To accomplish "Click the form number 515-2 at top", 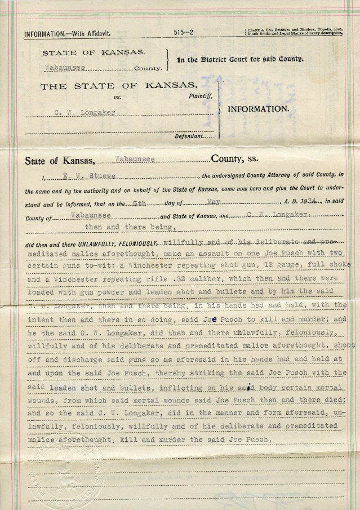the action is click(184, 33).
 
